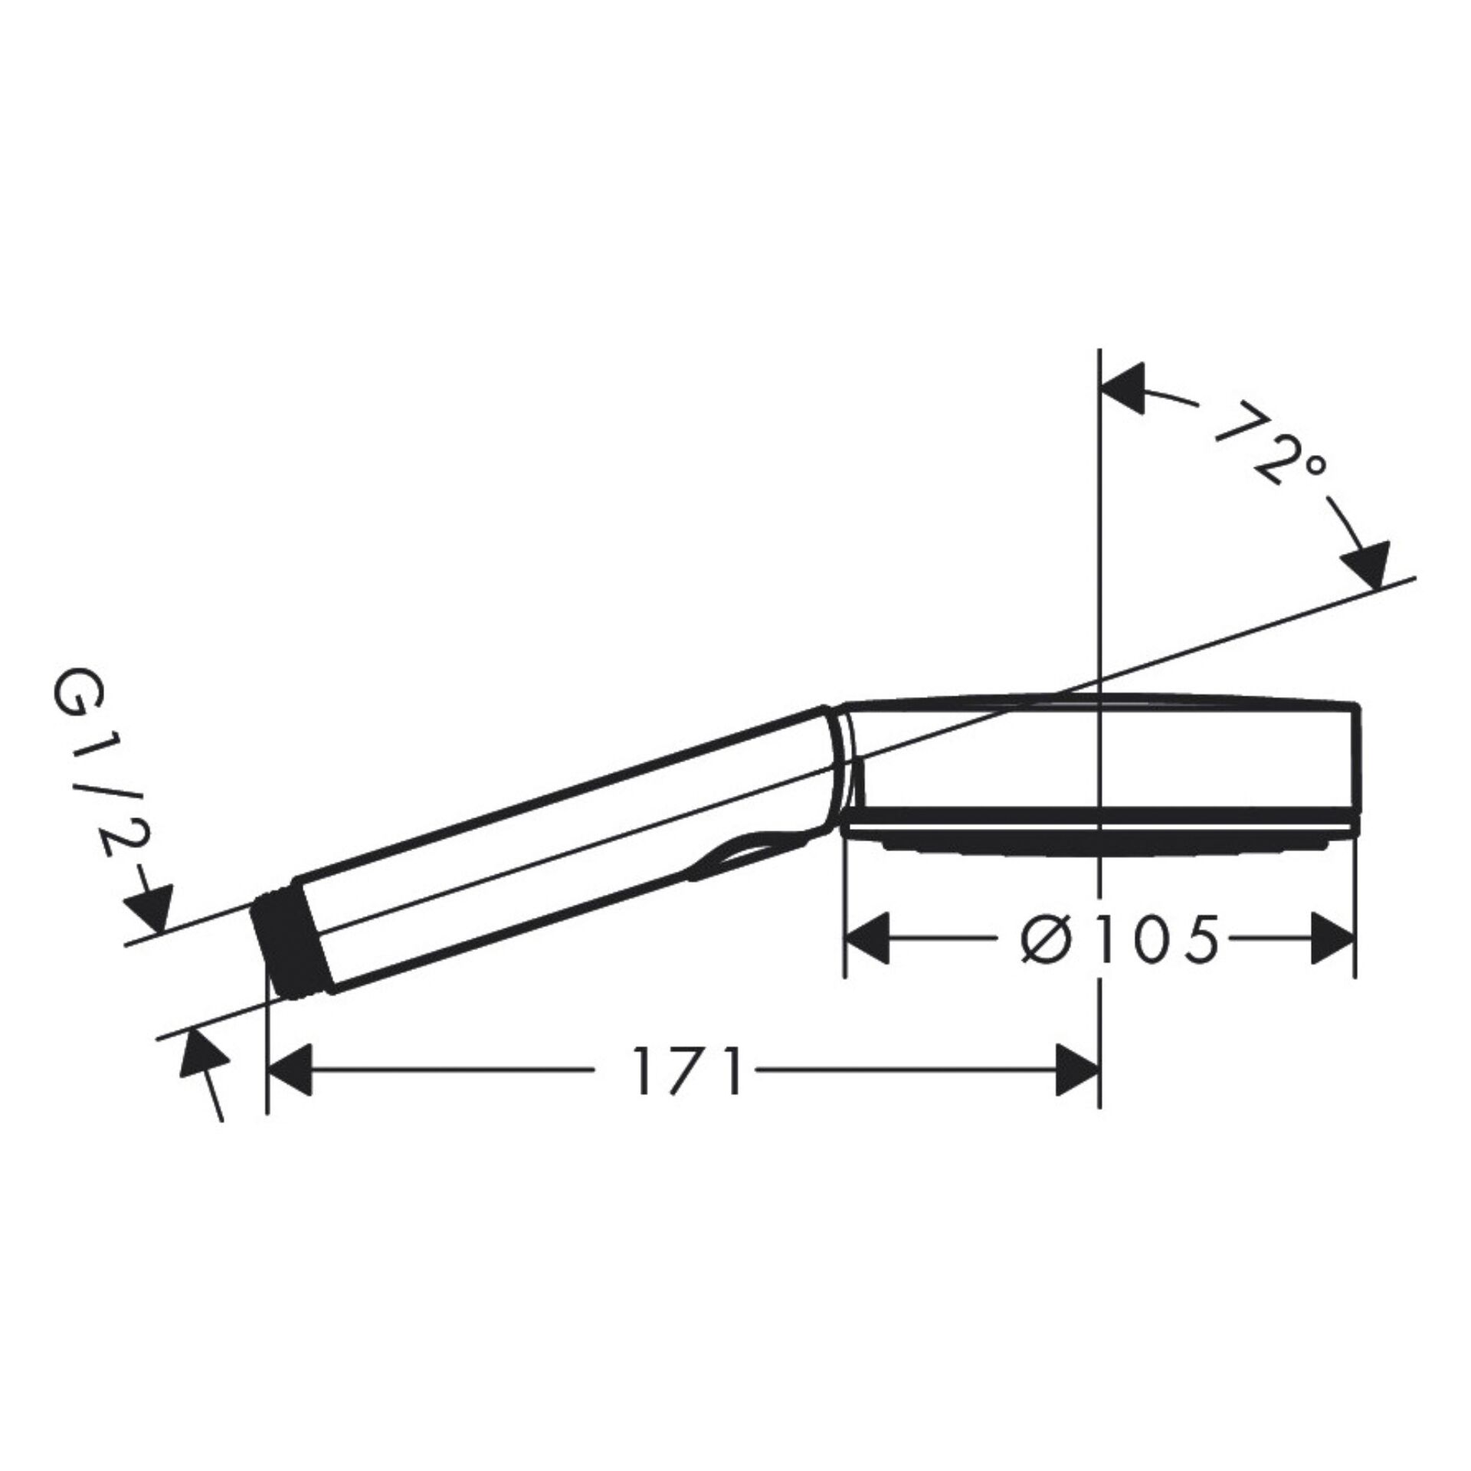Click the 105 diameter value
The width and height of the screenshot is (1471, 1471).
tap(1156, 941)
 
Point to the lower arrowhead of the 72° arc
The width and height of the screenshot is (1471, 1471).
tap(1368, 565)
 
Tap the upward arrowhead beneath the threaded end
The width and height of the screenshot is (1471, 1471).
tap(202, 1054)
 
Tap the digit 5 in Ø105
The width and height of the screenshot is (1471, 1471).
tap(1197, 941)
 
